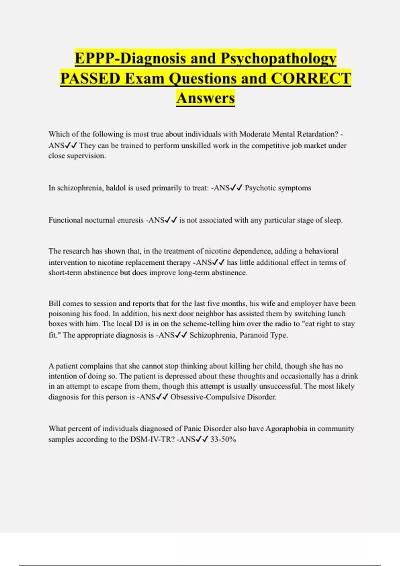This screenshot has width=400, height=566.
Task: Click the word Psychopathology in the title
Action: [278, 59]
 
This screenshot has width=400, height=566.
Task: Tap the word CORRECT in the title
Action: [311, 79]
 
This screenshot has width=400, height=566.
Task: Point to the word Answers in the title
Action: [206, 98]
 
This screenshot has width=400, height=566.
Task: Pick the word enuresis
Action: [130, 220]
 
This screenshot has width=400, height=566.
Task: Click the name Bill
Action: [54, 304]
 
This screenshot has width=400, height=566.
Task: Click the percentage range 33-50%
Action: [223, 439]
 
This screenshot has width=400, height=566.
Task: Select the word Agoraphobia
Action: [286, 428]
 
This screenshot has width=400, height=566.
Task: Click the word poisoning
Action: [63, 314]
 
